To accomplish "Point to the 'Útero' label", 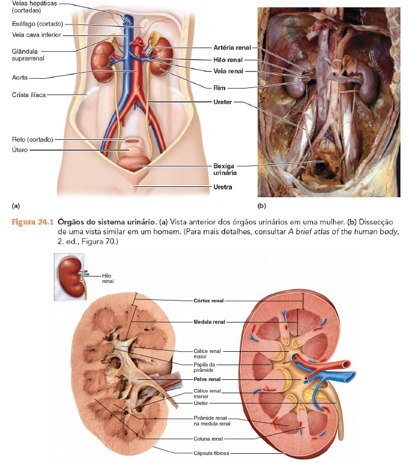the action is pyautogui.click(x=20, y=150).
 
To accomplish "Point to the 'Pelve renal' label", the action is pyautogui.click(x=208, y=379).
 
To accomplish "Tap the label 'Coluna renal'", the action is pyautogui.click(x=208, y=438).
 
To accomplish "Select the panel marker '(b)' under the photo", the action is pyautogui.click(x=262, y=206).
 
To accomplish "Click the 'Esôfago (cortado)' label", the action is pyautogui.click(x=38, y=24).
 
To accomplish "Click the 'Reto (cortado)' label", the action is pyautogui.click(x=32, y=139).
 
